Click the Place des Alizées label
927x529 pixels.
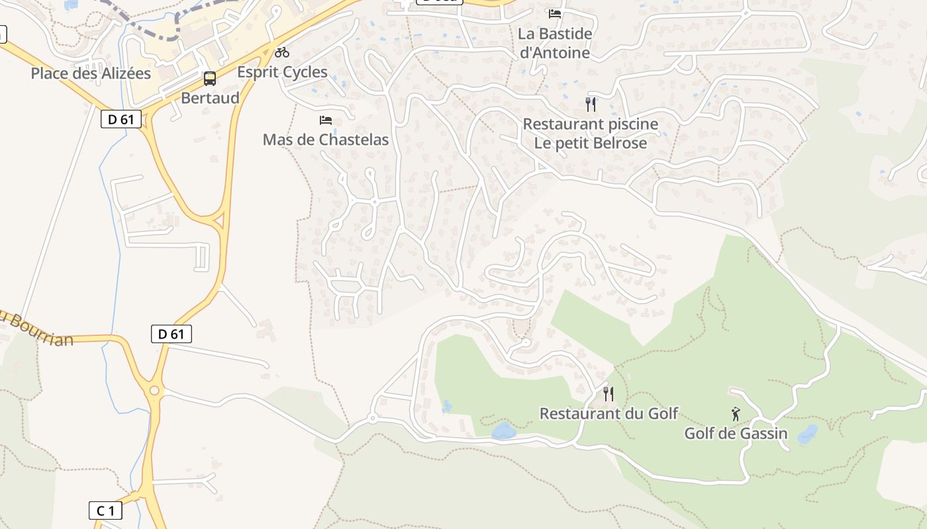tap(91, 73)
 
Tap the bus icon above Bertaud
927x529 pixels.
tap(210, 79)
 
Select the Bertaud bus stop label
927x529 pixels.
tap(210, 99)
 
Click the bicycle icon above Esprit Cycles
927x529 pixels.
tap(282, 52)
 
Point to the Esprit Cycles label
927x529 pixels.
tap(282, 72)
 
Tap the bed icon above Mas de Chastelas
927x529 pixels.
tap(326, 120)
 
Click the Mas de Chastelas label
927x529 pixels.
tap(326, 140)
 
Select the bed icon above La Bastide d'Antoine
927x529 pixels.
tap(555, 13)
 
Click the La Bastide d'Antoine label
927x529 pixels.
tap(555, 42)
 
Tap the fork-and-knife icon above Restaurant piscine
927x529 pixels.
tap(591, 104)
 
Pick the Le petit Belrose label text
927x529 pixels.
tap(591, 143)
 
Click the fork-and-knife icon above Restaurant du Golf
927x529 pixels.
tap(609, 394)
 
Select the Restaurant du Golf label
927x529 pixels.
tap(609, 414)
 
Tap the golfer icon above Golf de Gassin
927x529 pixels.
tap(736, 414)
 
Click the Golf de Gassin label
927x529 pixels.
tap(736, 434)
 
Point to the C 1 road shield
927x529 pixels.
tap(106, 510)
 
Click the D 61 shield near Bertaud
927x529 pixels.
tap(121, 120)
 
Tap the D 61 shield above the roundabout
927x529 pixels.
tap(171, 334)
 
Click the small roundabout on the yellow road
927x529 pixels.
tap(154, 391)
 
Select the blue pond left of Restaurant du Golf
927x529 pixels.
tap(504, 432)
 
